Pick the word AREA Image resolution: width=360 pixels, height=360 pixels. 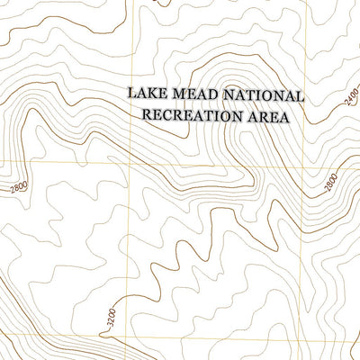tap(267, 115)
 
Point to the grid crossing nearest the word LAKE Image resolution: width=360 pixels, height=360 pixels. tap(132, 163)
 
